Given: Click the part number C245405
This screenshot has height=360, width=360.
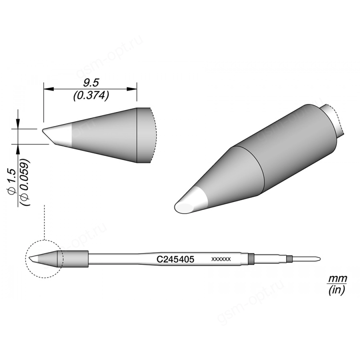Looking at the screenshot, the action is click(x=175, y=259).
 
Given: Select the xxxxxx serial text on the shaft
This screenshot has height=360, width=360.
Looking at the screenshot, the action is click(x=221, y=259).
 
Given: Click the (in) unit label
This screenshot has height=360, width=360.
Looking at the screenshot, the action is click(x=337, y=290).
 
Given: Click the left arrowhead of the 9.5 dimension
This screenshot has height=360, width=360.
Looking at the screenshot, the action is click(x=48, y=89).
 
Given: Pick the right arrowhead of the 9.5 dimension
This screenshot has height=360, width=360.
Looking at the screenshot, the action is click(x=132, y=89).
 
